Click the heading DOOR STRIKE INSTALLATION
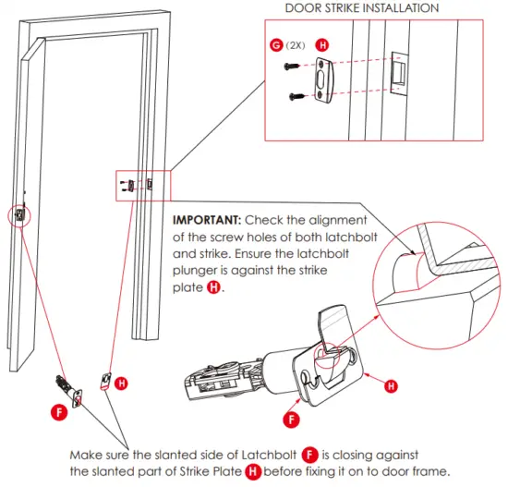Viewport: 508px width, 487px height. coord(361,7)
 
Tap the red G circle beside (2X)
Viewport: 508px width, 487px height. coord(274,43)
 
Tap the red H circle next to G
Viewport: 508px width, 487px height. coord(322,43)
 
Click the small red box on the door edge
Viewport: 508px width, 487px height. coord(18,214)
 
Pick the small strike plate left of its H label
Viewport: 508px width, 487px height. coord(106,380)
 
